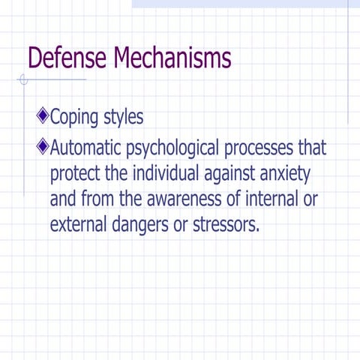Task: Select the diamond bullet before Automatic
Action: coord(42,145)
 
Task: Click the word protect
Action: coord(76,173)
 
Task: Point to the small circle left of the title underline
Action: coord(24,79)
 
